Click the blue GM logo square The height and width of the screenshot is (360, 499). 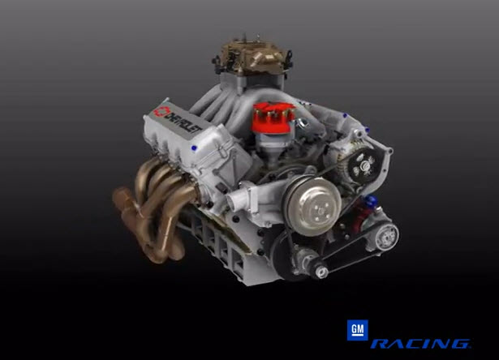357,331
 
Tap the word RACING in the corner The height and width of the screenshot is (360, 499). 419,345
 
